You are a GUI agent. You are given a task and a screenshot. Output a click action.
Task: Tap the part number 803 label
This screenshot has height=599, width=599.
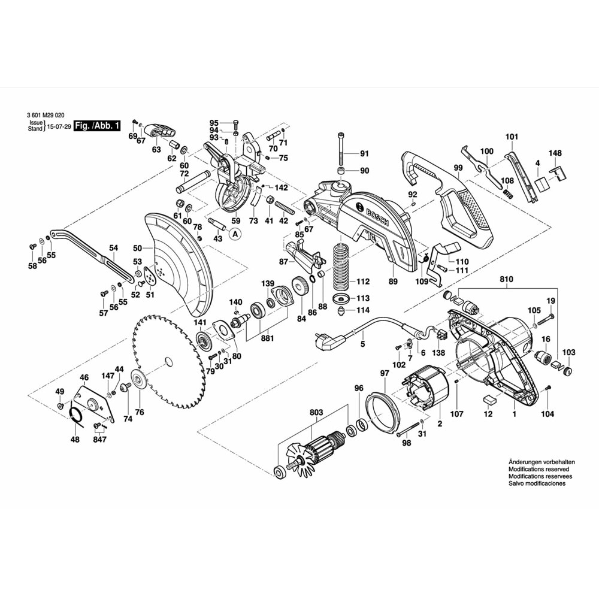316,412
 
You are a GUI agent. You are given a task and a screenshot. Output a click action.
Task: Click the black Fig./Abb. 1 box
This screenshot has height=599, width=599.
97,126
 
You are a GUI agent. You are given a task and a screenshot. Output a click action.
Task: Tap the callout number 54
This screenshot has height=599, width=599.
114,247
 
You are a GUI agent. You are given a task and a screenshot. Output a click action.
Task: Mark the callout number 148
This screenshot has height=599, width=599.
556,153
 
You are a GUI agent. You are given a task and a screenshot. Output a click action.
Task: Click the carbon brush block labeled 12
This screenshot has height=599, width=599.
488,399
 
